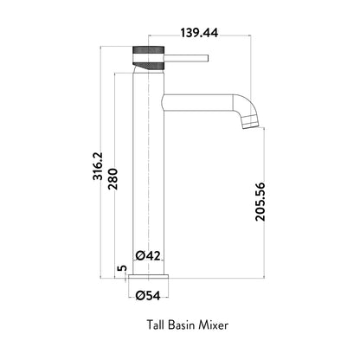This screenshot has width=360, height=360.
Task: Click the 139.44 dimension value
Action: [x=199, y=33]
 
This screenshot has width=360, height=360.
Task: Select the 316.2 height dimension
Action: [x=98, y=166]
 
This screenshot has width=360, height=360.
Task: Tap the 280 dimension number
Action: [x=112, y=179]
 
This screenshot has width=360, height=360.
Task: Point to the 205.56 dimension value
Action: [x=260, y=202]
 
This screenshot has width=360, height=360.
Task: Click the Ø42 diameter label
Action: [x=148, y=255]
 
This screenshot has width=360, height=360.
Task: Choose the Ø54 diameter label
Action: [x=148, y=295]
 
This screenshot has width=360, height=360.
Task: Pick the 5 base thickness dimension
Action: [x=122, y=268]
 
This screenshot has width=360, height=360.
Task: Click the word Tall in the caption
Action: [x=156, y=325]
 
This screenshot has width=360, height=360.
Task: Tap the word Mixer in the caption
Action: [x=214, y=325]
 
